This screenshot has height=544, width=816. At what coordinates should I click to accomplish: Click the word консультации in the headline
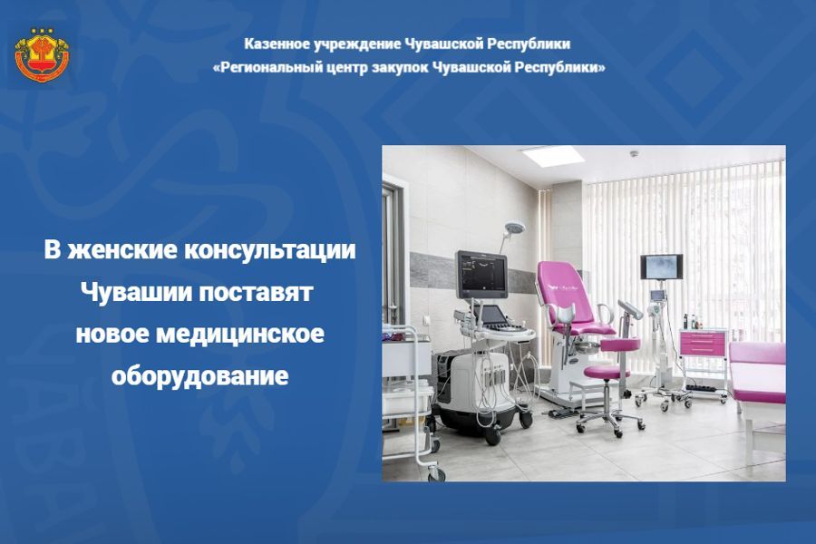point(270,250)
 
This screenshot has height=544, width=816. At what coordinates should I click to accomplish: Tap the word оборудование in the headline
point(199,374)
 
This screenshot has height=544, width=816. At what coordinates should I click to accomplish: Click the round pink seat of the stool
point(607,371)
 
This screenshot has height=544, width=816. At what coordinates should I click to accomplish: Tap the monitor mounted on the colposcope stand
point(662,266)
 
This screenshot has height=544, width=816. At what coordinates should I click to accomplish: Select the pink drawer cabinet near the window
point(703,344)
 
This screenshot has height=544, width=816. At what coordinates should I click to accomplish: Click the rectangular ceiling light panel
point(552,155)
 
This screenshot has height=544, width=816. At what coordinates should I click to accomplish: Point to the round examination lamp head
point(515,227)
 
